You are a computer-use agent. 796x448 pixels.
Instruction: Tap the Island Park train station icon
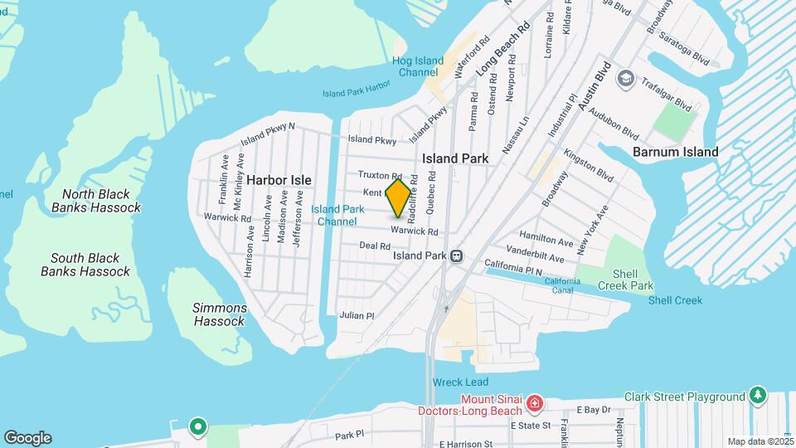coord(456,256)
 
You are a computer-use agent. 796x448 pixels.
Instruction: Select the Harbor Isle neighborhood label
coord(278,179)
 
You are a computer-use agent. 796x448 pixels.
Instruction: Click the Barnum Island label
coord(675,152)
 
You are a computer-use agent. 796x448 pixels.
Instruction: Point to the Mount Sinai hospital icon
coord(535,404)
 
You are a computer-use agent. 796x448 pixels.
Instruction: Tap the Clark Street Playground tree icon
coord(756,397)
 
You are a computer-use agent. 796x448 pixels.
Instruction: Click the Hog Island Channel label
coord(417,66)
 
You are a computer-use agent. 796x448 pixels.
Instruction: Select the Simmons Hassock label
coord(219,314)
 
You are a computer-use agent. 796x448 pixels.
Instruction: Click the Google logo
coord(27,438)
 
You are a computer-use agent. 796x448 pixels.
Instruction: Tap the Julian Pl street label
coord(357,315)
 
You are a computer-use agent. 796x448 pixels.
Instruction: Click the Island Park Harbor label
coord(356,92)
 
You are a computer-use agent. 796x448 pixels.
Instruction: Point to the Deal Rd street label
coord(375,246)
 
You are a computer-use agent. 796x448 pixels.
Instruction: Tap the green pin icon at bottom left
coord(198,427)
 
